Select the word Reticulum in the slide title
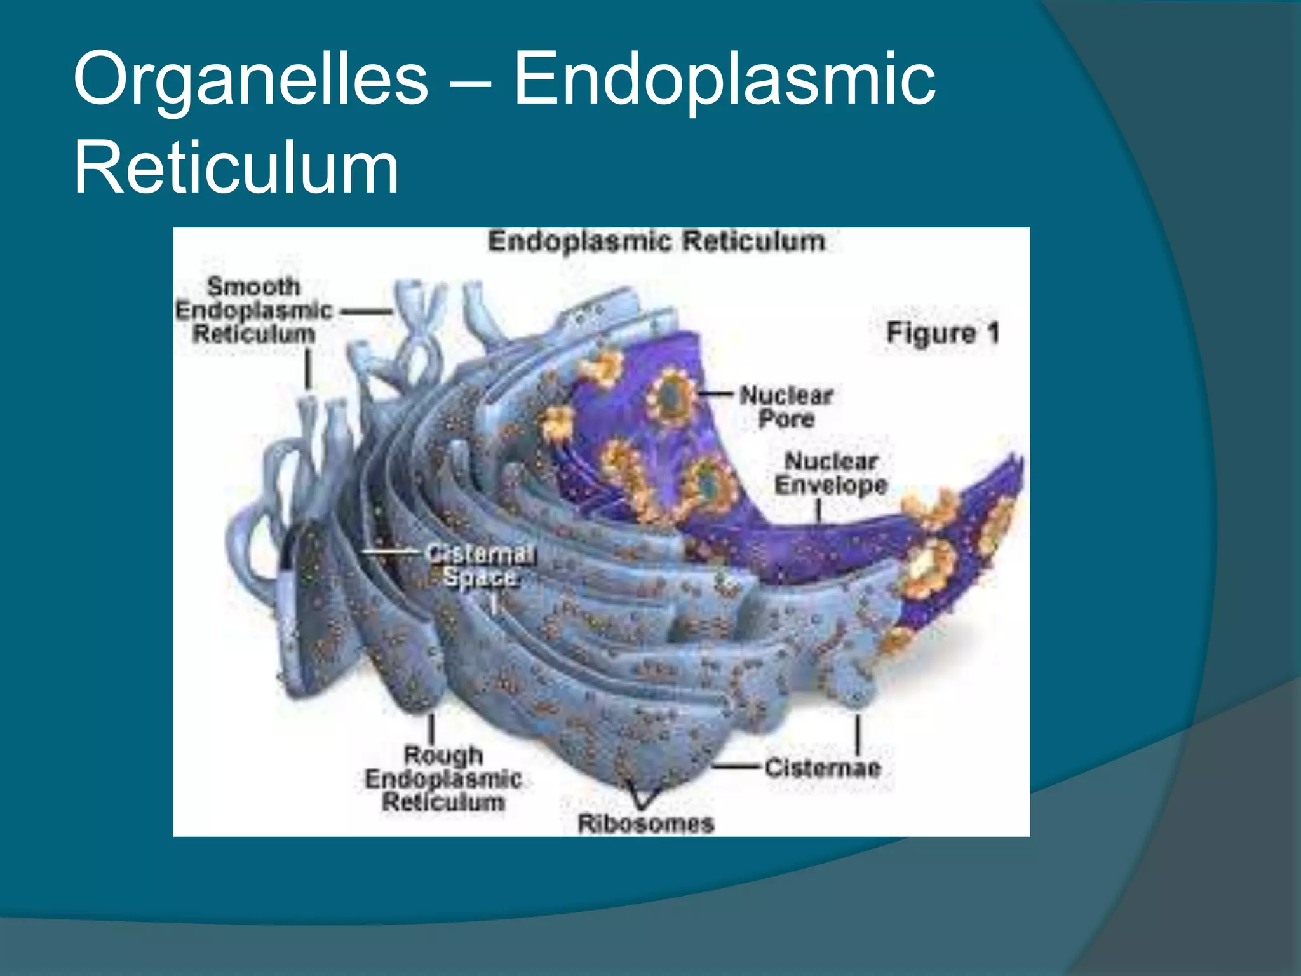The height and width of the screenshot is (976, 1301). point(236,169)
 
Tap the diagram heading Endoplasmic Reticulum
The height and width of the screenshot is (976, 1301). point(656,242)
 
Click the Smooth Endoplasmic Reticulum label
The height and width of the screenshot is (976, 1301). point(254,310)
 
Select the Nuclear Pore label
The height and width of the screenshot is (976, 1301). point(786,407)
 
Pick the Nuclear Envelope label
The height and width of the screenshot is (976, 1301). point(831,473)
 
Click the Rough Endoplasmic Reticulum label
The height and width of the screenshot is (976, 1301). point(443,779)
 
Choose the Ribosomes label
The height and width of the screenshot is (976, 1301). point(646,824)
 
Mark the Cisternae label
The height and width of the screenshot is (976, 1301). point(823,768)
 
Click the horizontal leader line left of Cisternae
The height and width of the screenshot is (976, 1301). point(737,767)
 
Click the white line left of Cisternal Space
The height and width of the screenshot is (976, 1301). point(391,552)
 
